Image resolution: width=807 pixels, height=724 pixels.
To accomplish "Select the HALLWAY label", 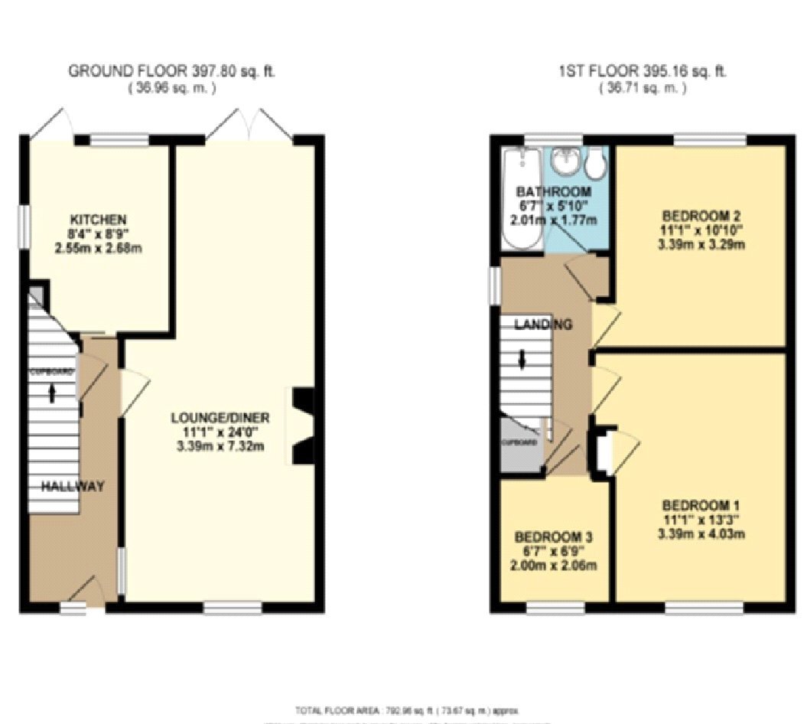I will [73, 487].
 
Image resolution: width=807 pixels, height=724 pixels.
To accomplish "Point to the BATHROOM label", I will [553, 192].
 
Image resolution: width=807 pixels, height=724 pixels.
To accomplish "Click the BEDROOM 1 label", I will [701, 506].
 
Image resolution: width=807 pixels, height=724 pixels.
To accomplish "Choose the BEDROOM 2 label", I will [701, 216].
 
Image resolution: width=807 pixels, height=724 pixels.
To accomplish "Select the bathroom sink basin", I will [565, 161].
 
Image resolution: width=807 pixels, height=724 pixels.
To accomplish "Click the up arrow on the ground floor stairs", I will [52, 393].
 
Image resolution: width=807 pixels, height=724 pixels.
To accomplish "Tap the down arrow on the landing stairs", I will [522, 359].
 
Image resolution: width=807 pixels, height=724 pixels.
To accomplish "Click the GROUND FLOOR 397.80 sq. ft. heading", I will [172, 72].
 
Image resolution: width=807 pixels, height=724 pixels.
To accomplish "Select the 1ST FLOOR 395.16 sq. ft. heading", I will [642, 72].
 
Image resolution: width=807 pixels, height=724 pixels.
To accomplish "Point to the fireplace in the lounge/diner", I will [301, 426].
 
